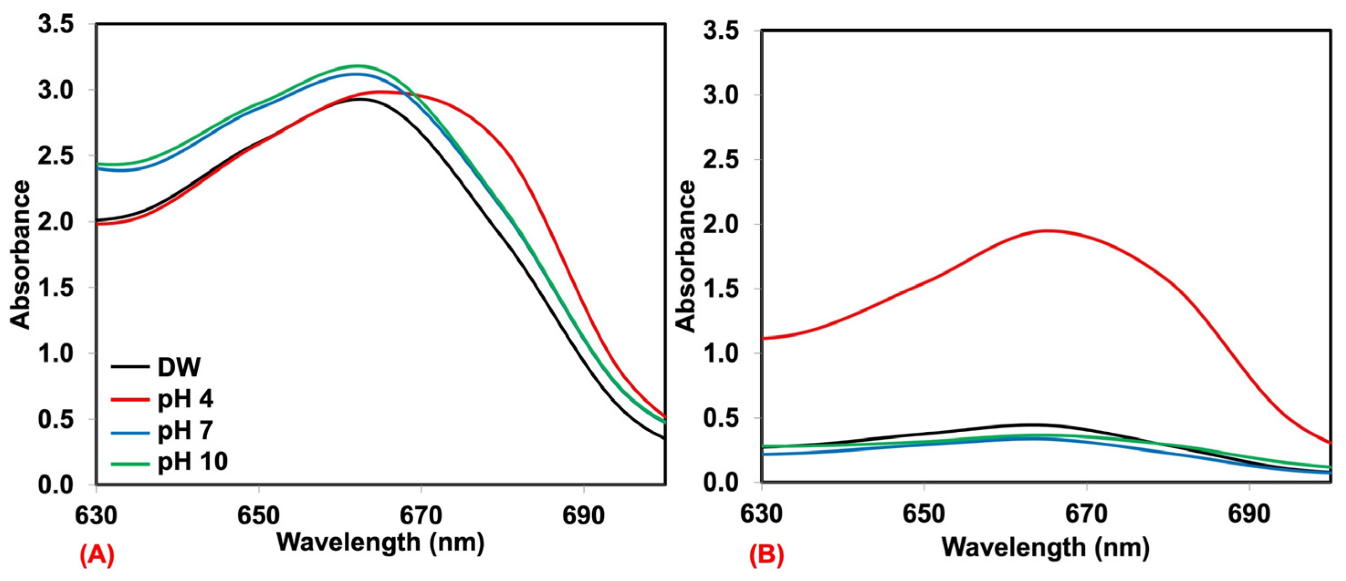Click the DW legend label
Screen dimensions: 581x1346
(179, 367)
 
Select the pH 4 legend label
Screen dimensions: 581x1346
(185, 399)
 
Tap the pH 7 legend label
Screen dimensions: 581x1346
(185, 430)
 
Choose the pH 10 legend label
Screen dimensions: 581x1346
(192, 462)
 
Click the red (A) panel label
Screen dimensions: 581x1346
(97, 556)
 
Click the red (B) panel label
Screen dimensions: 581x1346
(767, 556)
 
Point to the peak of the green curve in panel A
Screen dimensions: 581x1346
(357, 66)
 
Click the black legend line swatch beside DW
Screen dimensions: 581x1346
(130, 367)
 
